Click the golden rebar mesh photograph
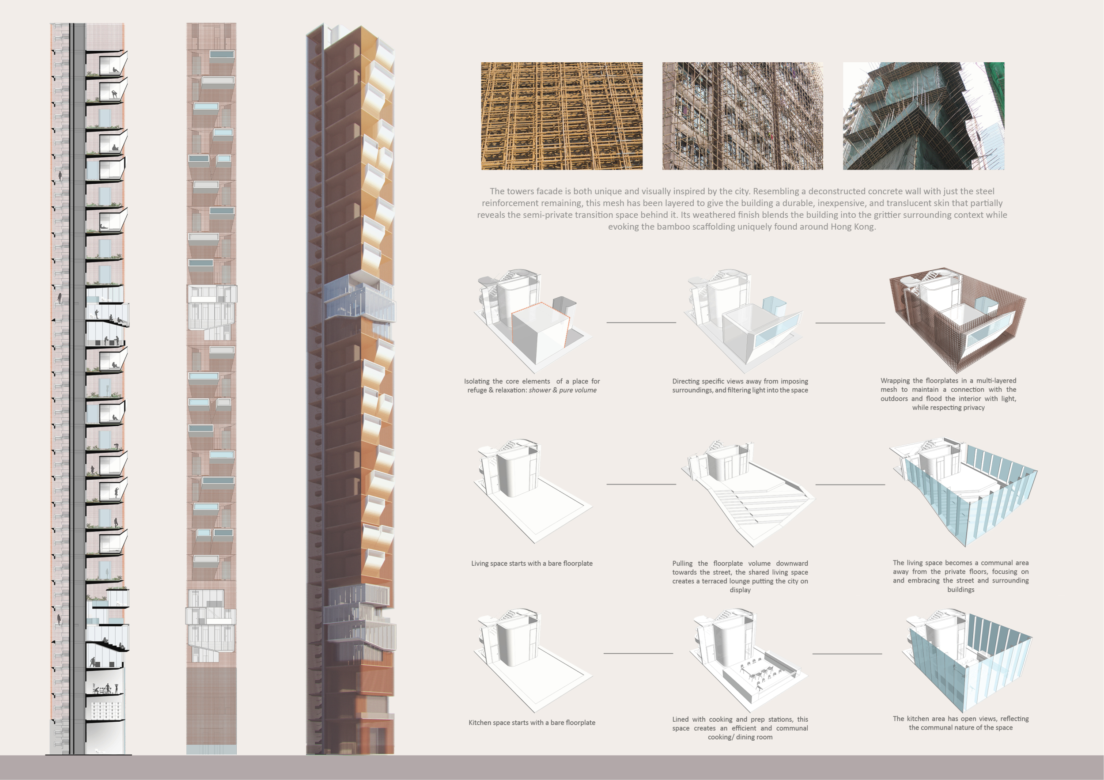(x=562, y=116)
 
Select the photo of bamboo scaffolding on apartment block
(x=742, y=116)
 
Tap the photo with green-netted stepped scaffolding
(x=923, y=116)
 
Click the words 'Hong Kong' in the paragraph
(x=853, y=227)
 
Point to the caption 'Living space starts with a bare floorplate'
(x=532, y=563)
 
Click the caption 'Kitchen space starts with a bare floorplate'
(x=532, y=722)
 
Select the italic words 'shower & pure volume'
(x=563, y=390)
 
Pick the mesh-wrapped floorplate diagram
(x=957, y=319)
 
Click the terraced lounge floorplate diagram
(x=747, y=493)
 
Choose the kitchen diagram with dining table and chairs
(x=745, y=661)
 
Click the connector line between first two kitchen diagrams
(x=638, y=654)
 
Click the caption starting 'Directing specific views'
(x=740, y=386)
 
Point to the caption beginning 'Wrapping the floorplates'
(x=948, y=394)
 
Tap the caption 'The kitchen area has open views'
(x=961, y=723)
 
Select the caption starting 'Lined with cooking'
(x=740, y=728)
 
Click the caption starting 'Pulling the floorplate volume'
(x=740, y=576)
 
